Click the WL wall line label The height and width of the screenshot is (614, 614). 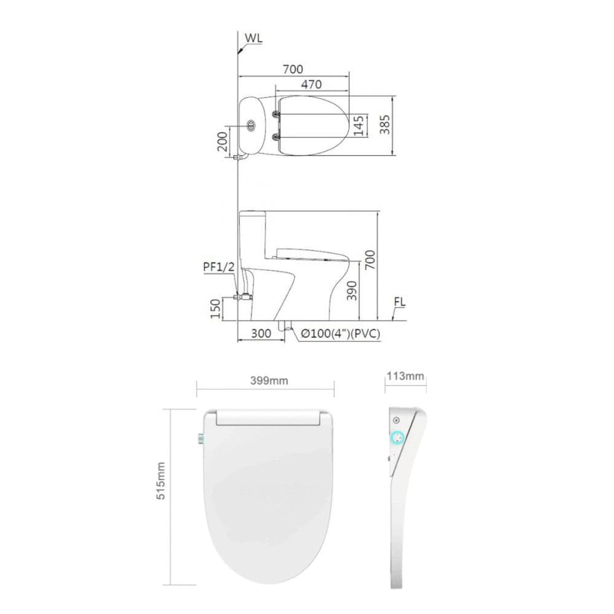254,38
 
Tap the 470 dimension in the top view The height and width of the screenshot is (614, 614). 311,84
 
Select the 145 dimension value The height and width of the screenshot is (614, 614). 359,126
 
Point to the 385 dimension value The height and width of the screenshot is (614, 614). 385,125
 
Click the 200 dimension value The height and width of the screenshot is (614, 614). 222,142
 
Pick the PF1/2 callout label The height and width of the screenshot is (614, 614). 219,266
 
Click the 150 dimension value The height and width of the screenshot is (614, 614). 216,309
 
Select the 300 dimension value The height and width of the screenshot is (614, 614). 261,333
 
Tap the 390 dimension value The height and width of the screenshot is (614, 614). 352,290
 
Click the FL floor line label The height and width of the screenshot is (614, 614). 400,302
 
